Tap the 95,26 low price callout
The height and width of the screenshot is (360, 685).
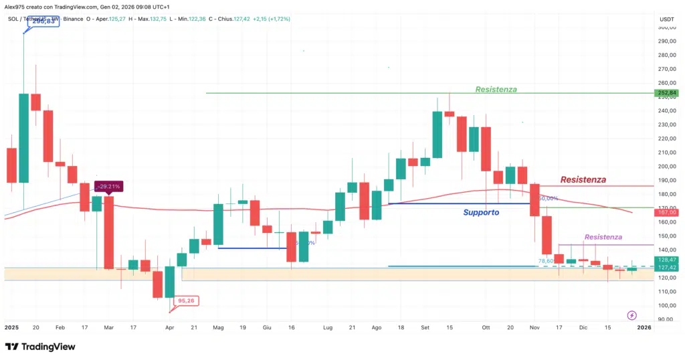[185, 301]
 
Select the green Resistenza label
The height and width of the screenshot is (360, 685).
[496, 89]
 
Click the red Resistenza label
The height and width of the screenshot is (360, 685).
[583, 179]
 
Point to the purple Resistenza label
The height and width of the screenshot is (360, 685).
[603, 237]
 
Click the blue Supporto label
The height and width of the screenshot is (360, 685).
[481, 212]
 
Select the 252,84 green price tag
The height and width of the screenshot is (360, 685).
[666, 93]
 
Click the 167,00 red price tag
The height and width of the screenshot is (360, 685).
[666, 212]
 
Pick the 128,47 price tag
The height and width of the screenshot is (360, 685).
[666, 259]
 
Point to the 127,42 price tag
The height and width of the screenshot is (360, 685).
[666, 267]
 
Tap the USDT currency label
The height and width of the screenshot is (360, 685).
[666, 19]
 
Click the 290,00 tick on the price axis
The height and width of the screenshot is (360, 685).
[666, 41]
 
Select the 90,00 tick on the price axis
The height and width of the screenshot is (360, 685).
[666, 319]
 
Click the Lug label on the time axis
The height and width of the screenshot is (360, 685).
[327, 328]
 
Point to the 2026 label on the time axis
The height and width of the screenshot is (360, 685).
[644, 328]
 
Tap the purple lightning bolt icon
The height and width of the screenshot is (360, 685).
[632, 314]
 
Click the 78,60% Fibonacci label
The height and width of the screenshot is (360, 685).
[547, 261]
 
